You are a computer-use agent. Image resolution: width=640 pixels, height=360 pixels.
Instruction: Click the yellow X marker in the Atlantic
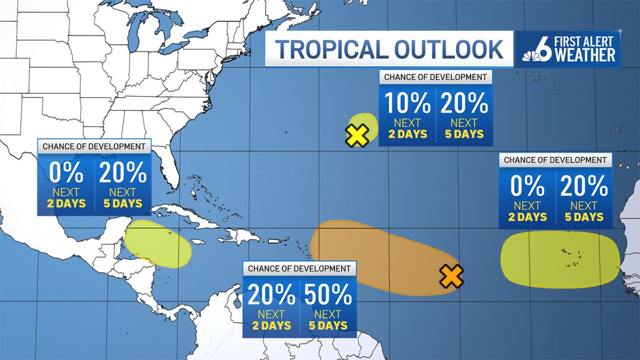tap(357, 136)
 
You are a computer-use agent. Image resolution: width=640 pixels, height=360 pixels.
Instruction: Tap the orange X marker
tap(451, 276)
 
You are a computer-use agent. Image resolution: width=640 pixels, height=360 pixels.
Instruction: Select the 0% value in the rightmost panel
tap(527, 186)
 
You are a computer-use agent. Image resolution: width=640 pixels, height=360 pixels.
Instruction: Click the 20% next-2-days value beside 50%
tap(271, 294)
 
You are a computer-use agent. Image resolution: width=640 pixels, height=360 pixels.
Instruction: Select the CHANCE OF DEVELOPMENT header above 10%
tap(435, 77)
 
